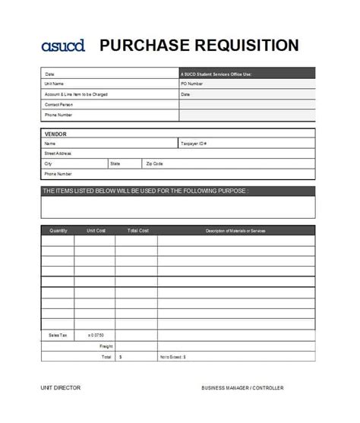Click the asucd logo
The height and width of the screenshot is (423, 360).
(x=63, y=46)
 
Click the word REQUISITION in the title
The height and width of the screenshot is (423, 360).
(x=245, y=45)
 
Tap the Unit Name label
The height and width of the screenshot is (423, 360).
(x=54, y=84)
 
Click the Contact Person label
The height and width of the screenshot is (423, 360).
(x=58, y=105)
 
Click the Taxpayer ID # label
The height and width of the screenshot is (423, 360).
(x=194, y=144)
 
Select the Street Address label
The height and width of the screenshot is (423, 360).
(x=58, y=153)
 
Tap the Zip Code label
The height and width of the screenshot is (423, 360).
(x=154, y=163)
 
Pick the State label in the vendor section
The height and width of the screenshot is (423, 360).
(x=115, y=163)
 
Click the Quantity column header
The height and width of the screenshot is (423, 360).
(x=58, y=230)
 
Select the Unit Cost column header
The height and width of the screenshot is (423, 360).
(x=96, y=230)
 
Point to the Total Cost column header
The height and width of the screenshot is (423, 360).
(x=137, y=230)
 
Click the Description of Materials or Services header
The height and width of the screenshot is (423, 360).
(x=235, y=230)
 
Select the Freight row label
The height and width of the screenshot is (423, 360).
(x=106, y=346)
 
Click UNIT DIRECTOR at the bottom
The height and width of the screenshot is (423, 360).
(x=61, y=388)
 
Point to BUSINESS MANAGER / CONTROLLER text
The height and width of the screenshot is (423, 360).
(x=242, y=388)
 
